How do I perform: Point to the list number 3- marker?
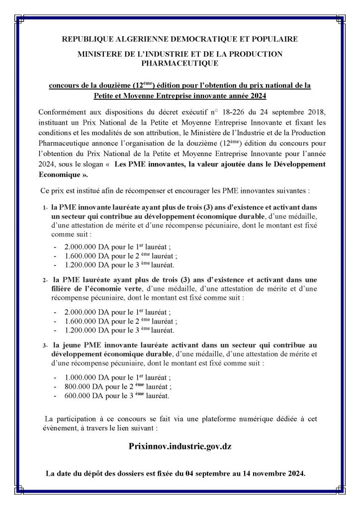[45, 345]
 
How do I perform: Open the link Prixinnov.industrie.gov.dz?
[180, 446]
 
